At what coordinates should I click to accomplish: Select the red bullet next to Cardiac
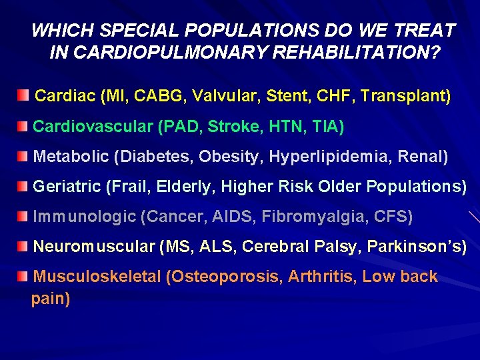[24, 95]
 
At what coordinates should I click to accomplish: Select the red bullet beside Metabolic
[24, 156]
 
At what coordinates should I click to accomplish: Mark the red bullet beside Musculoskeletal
[24, 276]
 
